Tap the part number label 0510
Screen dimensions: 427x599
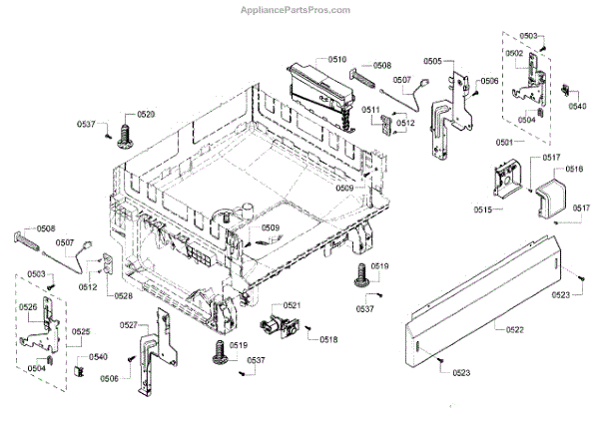[x=336, y=60]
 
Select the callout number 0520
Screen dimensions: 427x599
[x=146, y=115]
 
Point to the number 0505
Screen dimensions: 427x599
[x=432, y=61]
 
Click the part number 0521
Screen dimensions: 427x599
[x=292, y=305]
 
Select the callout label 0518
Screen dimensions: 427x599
[x=328, y=340]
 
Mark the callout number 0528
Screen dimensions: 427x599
[x=123, y=296]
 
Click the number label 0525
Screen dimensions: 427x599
[x=82, y=332]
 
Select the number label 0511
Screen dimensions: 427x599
[x=368, y=110]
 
